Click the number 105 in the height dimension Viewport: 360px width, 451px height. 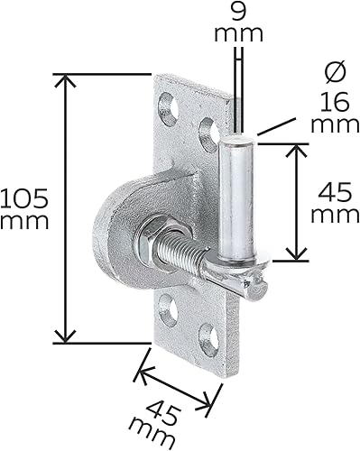pos(24,198)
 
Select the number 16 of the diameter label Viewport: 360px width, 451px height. pos(335,102)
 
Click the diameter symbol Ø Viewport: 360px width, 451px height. pos(336,72)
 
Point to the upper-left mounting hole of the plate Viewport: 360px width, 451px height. pos(169,109)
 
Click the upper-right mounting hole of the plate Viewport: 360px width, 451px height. pos(210,135)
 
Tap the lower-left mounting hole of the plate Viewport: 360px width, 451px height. pos(169,310)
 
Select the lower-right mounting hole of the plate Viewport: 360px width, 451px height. pos(209,340)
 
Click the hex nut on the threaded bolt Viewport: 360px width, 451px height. pos(152,240)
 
